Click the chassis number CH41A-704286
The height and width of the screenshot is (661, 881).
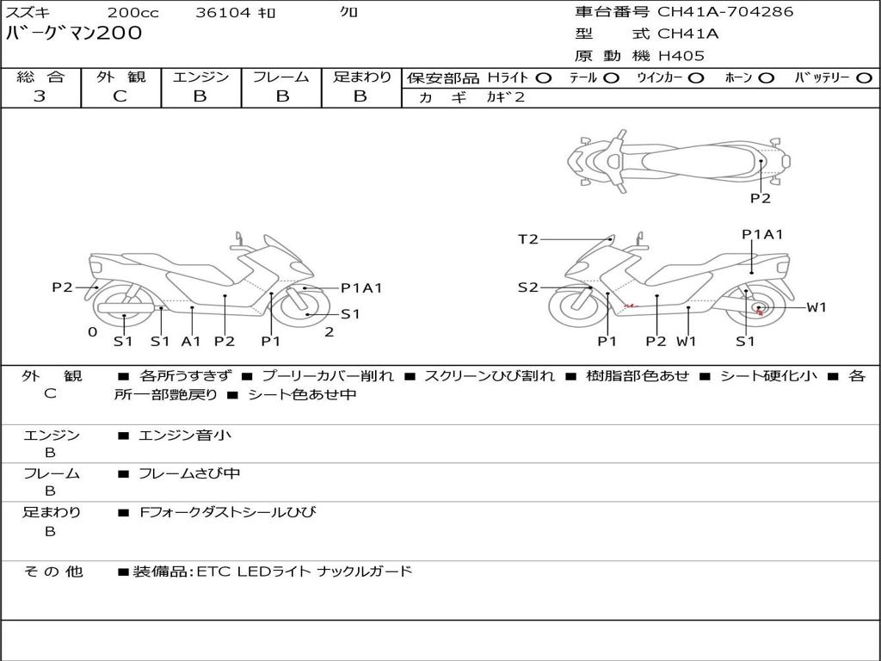click(x=725, y=12)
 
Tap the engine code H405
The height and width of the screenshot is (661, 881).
click(x=681, y=56)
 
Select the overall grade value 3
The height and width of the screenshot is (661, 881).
click(x=40, y=96)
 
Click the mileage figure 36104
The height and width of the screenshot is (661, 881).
click(x=223, y=12)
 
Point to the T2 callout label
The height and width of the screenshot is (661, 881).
click(x=527, y=239)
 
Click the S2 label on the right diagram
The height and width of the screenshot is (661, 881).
click(x=527, y=287)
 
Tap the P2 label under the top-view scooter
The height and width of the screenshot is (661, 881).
click(x=761, y=199)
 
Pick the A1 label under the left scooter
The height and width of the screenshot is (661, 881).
click(x=191, y=341)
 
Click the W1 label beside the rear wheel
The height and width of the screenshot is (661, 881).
click(x=816, y=307)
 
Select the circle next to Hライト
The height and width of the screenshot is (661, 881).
click(x=544, y=78)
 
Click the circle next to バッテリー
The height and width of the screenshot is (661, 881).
click(x=864, y=78)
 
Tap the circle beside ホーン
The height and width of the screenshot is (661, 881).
click(x=767, y=78)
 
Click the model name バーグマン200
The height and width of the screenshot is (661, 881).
click(x=74, y=34)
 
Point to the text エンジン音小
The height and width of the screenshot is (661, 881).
click(x=184, y=435)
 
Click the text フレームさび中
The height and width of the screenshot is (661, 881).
click(x=189, y=474)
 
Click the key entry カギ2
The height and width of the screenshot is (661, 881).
click(x=505, y=97)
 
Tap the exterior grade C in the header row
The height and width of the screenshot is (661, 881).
click(x=120, y=96)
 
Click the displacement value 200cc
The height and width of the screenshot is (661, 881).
click(x=133, y=12)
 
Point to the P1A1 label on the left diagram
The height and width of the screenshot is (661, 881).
click(x=361, y=288)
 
